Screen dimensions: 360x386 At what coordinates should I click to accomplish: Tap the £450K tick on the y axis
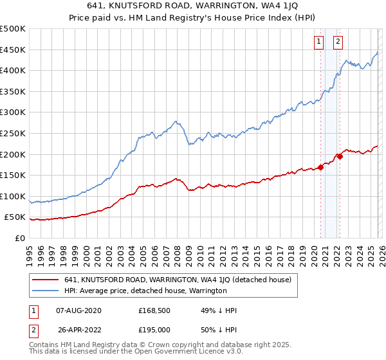coord(13,50)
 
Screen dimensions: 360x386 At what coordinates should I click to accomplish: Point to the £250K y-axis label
coord(13,133)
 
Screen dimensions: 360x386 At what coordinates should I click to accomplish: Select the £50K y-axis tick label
coord(15,217)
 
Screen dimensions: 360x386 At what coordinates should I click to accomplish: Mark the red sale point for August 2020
coord(320,168)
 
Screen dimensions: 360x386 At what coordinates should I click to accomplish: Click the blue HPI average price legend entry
coord(145,291)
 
